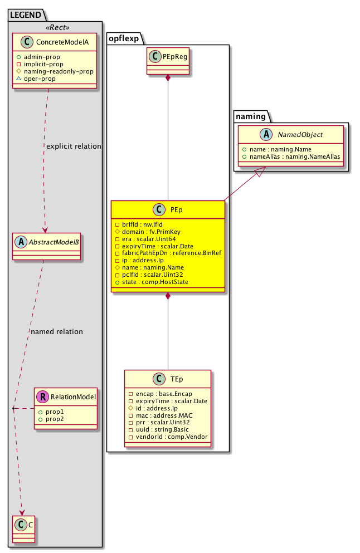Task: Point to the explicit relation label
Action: (74, 146)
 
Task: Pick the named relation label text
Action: (57, 332)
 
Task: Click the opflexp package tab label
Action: (124, 38)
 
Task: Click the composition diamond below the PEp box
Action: (168, 296)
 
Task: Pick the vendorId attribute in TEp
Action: (168, 437)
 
